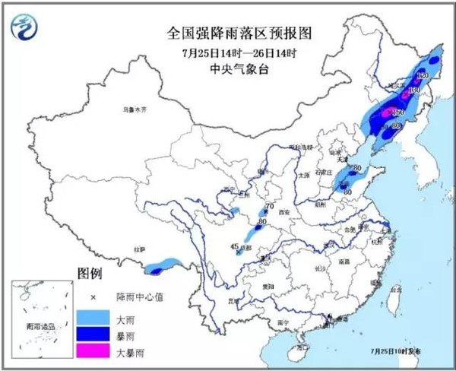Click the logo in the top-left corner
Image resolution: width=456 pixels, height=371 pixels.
(x=25, y=30)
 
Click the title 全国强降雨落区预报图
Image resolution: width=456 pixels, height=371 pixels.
(x=229, y=34)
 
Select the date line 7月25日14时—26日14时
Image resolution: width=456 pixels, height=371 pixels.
(x=229, y=52)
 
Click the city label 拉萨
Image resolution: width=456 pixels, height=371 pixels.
(x=139, y=248)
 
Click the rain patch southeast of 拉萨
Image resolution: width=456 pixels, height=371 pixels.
(x=160, y=266)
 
